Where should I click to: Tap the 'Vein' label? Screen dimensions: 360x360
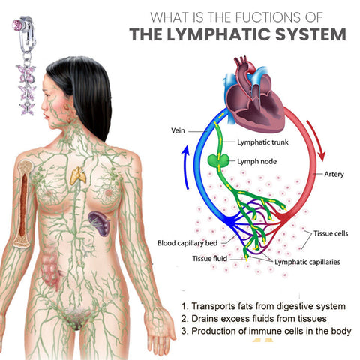click(x=178, y=130)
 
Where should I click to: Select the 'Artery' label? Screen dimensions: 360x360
click(x=334, y=174)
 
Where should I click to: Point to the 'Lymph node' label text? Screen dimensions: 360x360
click(x=257, y=162)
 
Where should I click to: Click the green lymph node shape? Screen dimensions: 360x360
click(x=218, y=160)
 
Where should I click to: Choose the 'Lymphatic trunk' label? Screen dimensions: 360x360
click(x=262, y=142)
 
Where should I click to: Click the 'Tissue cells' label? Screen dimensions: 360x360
click(x=331, y=233)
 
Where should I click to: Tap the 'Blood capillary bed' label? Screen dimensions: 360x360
click(x=187, y=243)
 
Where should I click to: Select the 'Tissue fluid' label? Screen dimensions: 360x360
click(x=210, y=258)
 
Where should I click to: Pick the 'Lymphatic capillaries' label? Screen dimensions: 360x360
click(x=307, y=262)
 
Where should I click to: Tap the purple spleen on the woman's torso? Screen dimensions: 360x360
click(x=100, y=223)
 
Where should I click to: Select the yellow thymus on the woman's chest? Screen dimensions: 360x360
click(x=78, y=175)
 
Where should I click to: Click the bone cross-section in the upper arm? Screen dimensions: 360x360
click(x=23, y=203)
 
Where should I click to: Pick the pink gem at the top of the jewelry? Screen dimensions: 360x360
click(x=17, y=25)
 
